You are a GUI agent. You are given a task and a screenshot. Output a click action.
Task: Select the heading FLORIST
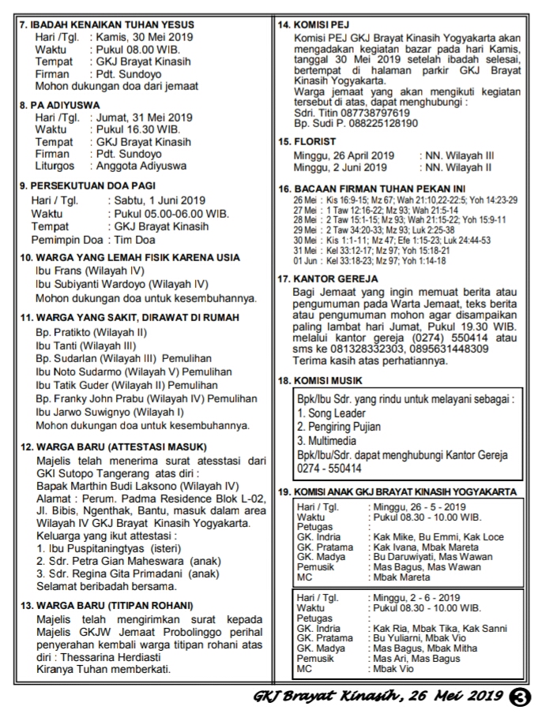tap(314, 141)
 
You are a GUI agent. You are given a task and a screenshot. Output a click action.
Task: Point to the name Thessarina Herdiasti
tap(107, 658)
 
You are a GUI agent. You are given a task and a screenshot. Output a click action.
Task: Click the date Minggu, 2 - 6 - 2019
tap(416, 598)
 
